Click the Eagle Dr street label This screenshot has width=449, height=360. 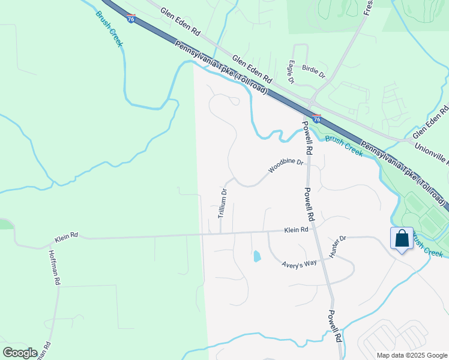(x=291, y=72)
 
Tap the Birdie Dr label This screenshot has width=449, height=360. (x=313, y=72)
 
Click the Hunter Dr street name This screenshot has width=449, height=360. (x=337, y=247)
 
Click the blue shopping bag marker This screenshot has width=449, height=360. (x=402, y=239)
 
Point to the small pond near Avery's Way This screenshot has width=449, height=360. (x=257, y=256)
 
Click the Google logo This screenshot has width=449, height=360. (x=20, y=353)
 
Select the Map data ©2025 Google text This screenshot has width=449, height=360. (x=411, y=355)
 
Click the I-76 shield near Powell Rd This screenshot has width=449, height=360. (x=316, y=119)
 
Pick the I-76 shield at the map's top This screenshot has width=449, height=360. (x=131, y=19)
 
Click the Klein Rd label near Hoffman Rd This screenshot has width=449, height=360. (x=65, y=237)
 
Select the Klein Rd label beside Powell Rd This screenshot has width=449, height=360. (x=296, y=230)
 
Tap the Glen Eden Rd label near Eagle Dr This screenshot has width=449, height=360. (x=252, y=70)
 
